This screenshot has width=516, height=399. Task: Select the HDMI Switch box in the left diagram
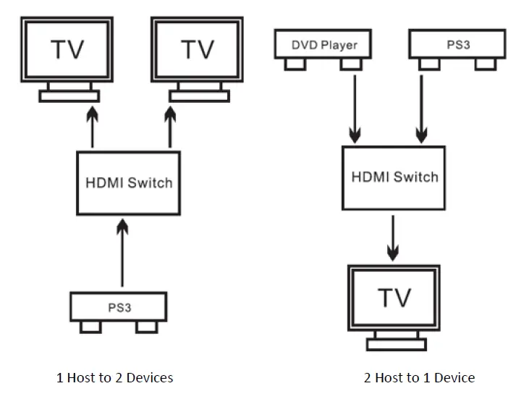click(x=129, y=182)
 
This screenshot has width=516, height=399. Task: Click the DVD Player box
click(x=324, y=46)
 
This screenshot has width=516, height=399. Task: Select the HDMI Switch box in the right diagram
click(x=394, y=177)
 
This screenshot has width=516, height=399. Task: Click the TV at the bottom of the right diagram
click(x=394, y=297)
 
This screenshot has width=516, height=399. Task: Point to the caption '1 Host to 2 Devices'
click(x=115, y=377)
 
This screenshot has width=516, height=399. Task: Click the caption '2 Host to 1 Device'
click(x=420, y=377)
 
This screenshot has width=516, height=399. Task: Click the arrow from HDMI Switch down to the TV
click(x=392, y=236)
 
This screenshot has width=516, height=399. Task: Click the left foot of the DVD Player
click(x=294, y=64)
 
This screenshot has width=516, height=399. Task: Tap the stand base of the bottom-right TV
click(x=394, y=343)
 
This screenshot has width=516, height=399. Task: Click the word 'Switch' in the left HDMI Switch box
click(x=150, y=182)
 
